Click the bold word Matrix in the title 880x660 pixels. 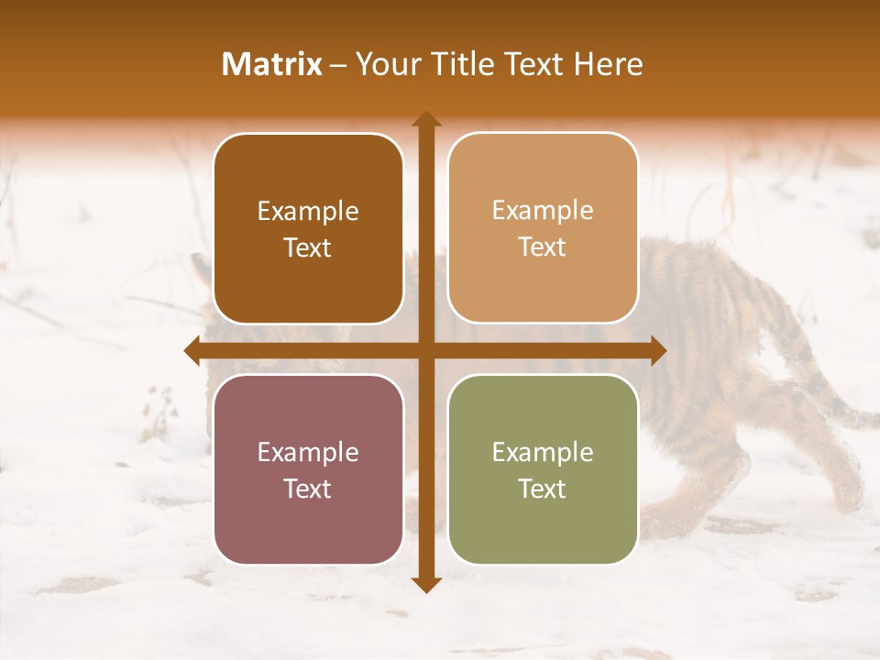point(272,64)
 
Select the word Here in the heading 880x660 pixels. point(609,64)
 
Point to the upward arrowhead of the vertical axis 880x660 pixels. point(425,119)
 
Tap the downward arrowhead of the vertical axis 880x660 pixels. point(425,585)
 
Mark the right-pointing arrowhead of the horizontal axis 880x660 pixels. point(657,350)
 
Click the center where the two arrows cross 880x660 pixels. point(425,350)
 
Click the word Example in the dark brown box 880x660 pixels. point(308,212)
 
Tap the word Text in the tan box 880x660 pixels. point(543,247)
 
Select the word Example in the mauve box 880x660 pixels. point(308,452)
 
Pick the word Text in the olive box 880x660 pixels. point(543,489)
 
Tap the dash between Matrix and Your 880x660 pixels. point(338,65)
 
